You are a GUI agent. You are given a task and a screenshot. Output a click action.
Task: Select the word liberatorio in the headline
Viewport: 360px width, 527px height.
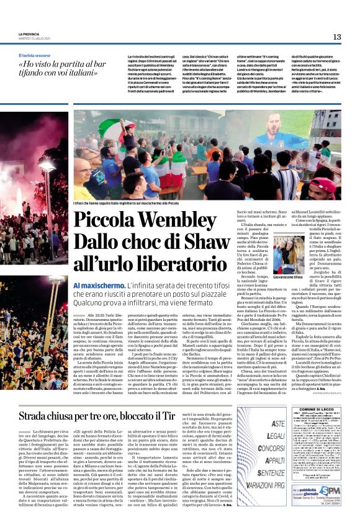coord(163,263)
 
